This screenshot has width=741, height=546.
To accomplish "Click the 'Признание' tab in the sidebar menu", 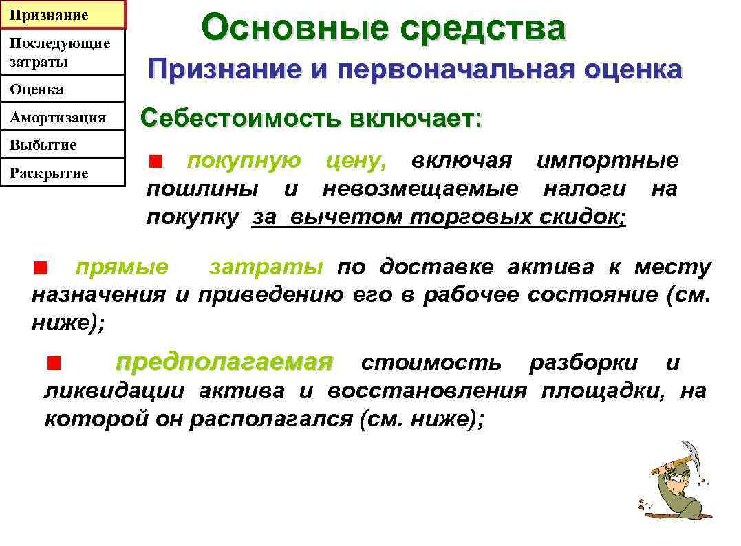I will [x=63, y=14].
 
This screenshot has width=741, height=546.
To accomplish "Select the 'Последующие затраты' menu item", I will [x=63, y=52].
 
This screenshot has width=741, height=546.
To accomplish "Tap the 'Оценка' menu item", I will [x=63, y=89].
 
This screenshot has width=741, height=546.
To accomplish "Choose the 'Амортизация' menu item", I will [x=63, y=118].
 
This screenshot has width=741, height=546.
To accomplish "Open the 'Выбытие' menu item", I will [x=63, y=145].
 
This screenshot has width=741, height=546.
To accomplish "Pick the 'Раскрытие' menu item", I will [x=63, y=173].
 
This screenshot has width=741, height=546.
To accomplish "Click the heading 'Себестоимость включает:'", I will [x=311, y=118].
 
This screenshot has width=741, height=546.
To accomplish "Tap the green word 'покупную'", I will [x=244, y=161].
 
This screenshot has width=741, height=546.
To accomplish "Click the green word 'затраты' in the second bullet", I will [x=266, y=267].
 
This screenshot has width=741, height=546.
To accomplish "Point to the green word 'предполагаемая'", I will [x=224, y=362].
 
